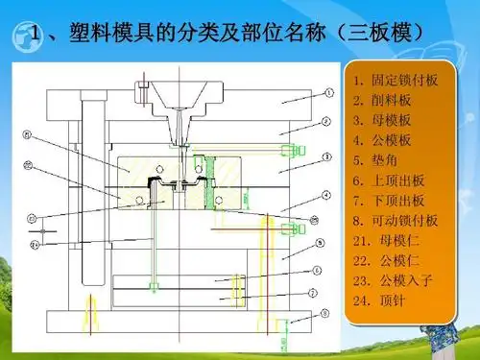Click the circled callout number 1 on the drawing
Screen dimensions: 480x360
328,95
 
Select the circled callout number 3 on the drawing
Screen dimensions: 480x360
328,156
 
